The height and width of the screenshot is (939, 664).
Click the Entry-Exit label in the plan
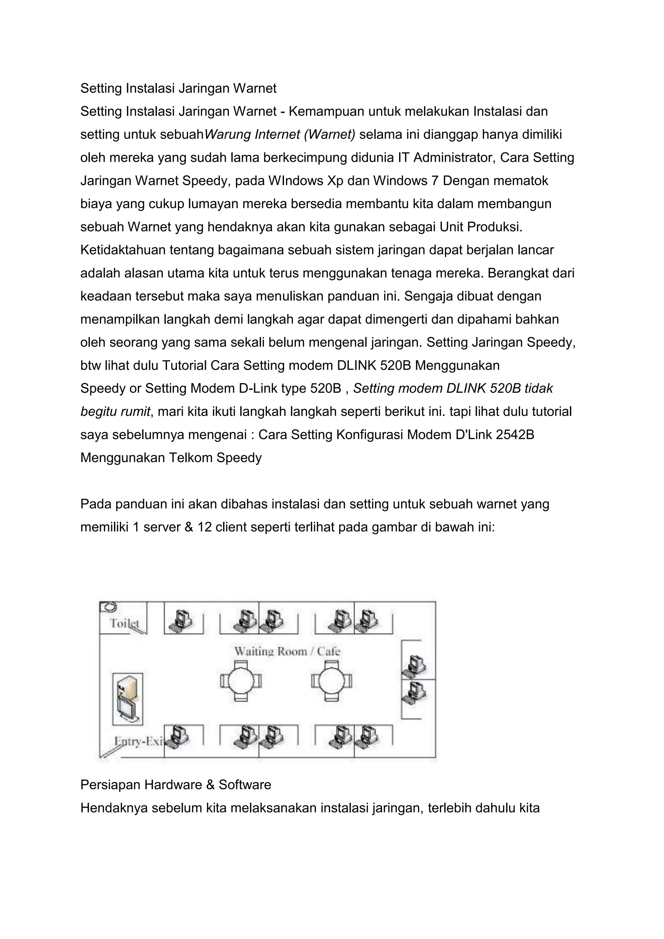(x=138, y=741)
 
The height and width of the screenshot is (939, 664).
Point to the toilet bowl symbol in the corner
(x=108, y=606)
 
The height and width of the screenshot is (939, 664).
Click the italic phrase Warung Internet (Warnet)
(x=280, y=134)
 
